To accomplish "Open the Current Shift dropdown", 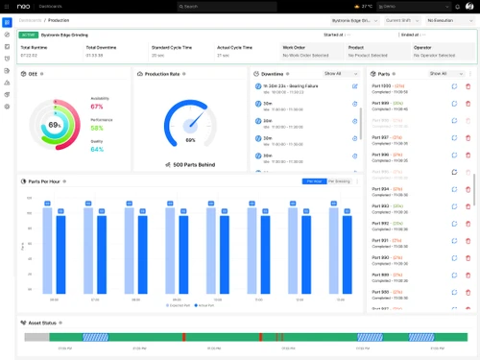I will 401,20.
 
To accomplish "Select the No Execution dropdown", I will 450,20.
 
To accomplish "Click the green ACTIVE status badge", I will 28,35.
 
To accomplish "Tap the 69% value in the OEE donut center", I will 56,126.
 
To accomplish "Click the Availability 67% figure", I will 97,107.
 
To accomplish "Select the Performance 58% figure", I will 97,128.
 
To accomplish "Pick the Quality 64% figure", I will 97,149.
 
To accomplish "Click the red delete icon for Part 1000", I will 468,87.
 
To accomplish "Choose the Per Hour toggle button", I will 314,180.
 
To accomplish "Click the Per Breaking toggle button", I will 339,180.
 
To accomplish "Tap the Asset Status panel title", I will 44,323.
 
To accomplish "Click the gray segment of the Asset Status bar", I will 36,337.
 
